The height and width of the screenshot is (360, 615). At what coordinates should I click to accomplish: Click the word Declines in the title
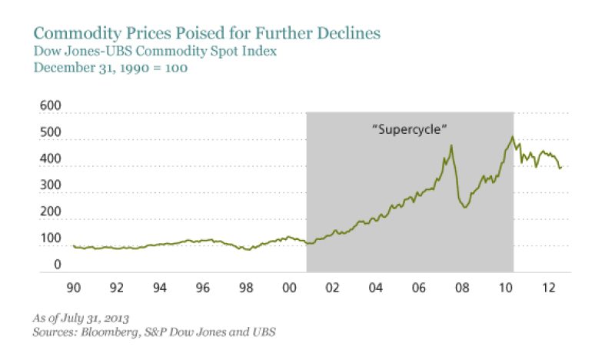click(351, 35)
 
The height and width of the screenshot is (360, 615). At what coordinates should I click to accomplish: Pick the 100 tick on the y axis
click(51, 239)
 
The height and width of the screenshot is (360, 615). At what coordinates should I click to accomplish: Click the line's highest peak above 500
click(511, 138)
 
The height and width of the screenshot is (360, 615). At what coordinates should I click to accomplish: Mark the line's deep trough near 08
click(465, 208)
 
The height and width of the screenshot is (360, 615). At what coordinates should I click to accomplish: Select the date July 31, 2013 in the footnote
click(93, 318)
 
